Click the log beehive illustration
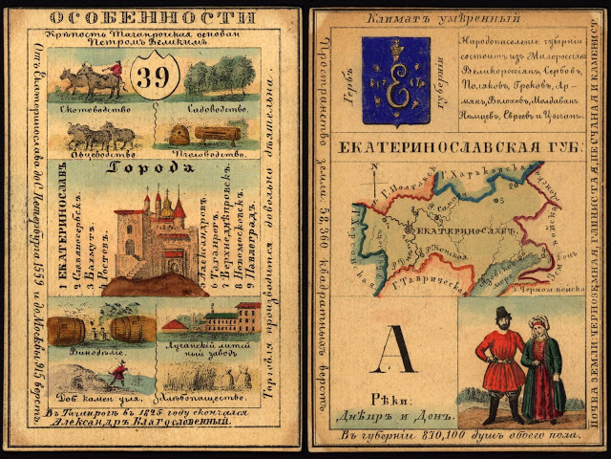click(220, 133)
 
